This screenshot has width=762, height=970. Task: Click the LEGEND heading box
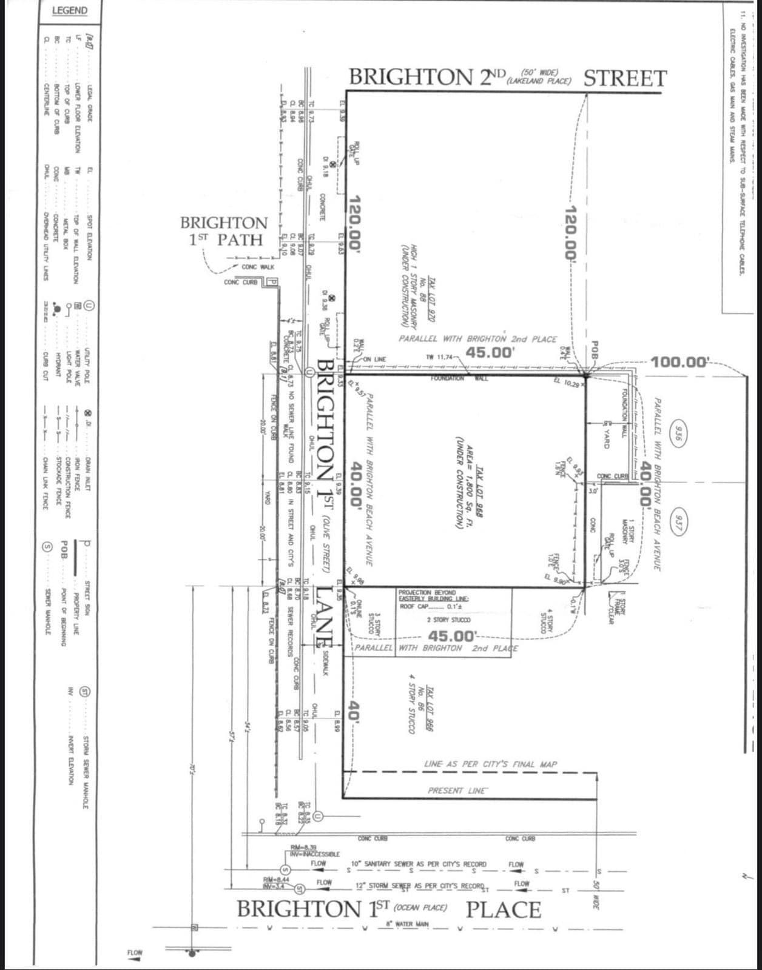coord(69,11)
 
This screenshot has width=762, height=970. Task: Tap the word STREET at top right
coord(625,78)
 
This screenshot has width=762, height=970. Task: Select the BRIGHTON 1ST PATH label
coord(224,231)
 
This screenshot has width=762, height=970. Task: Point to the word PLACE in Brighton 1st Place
coord(503,909)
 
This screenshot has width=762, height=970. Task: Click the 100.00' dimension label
coord(679,363)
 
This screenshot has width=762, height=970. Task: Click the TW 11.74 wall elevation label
coord(440,357)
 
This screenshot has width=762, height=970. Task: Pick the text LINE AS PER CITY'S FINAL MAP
coord(490,764)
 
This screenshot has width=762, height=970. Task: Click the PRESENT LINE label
coord(456,791)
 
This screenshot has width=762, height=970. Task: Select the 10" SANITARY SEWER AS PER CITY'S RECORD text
coord(419,864)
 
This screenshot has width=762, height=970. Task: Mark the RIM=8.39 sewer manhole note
coord(303,847)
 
